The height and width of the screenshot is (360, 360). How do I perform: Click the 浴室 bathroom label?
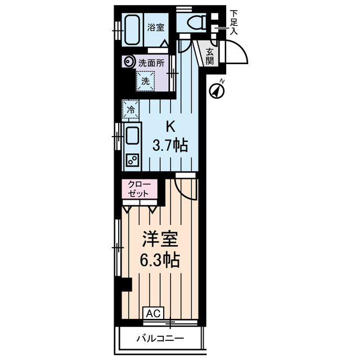(156, 28)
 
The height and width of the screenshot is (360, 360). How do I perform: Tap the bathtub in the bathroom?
(132, 30)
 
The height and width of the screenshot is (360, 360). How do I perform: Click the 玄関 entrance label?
(210, 56)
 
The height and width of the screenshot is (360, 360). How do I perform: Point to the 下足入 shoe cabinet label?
(234, 22)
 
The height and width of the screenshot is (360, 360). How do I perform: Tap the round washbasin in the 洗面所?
(128, 61)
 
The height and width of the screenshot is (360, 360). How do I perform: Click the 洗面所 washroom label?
(151, 62)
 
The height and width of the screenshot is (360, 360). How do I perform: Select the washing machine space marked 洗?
(145, 81)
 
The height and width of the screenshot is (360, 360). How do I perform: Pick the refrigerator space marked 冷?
(130, 109)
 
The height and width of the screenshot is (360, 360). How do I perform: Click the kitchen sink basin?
(132, 136)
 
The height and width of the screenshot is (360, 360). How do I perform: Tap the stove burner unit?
(132, 160)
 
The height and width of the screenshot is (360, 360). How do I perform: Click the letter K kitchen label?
(170, 127)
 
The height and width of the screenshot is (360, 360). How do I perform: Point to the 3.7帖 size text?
(170, 145)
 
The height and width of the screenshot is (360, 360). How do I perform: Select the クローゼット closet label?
(139, 189)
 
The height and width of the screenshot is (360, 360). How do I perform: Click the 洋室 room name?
(160, 239)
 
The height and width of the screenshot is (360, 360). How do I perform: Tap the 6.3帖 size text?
(160, 260)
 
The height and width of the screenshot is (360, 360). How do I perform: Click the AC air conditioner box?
(154, 313)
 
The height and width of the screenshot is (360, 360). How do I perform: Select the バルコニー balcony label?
(160, 339)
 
